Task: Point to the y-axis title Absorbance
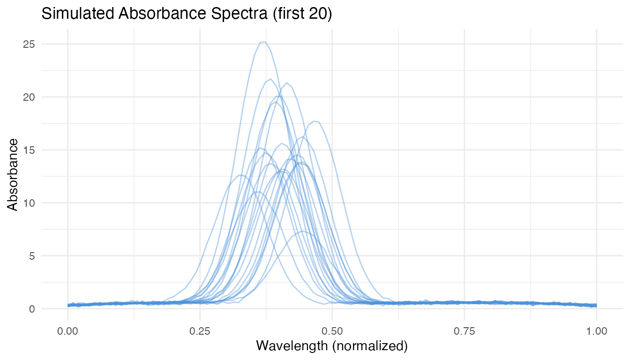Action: point(13,174)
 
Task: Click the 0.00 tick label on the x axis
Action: point(68,331)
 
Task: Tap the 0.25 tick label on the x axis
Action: point(200,331)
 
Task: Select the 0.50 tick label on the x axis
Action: point(332,331)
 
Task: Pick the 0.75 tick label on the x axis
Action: point(465,331)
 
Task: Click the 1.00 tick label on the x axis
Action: point(597,331)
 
